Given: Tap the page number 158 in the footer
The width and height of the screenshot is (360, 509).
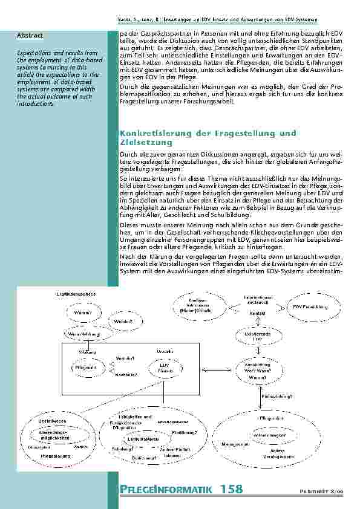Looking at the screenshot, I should [x=231, y=488].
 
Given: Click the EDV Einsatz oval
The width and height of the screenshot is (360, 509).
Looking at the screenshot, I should [x=164, y=368].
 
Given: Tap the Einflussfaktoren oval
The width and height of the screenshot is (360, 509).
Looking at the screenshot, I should [x=143, y=439].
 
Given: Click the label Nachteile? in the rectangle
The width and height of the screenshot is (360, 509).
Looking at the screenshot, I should [x=126, y=375].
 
